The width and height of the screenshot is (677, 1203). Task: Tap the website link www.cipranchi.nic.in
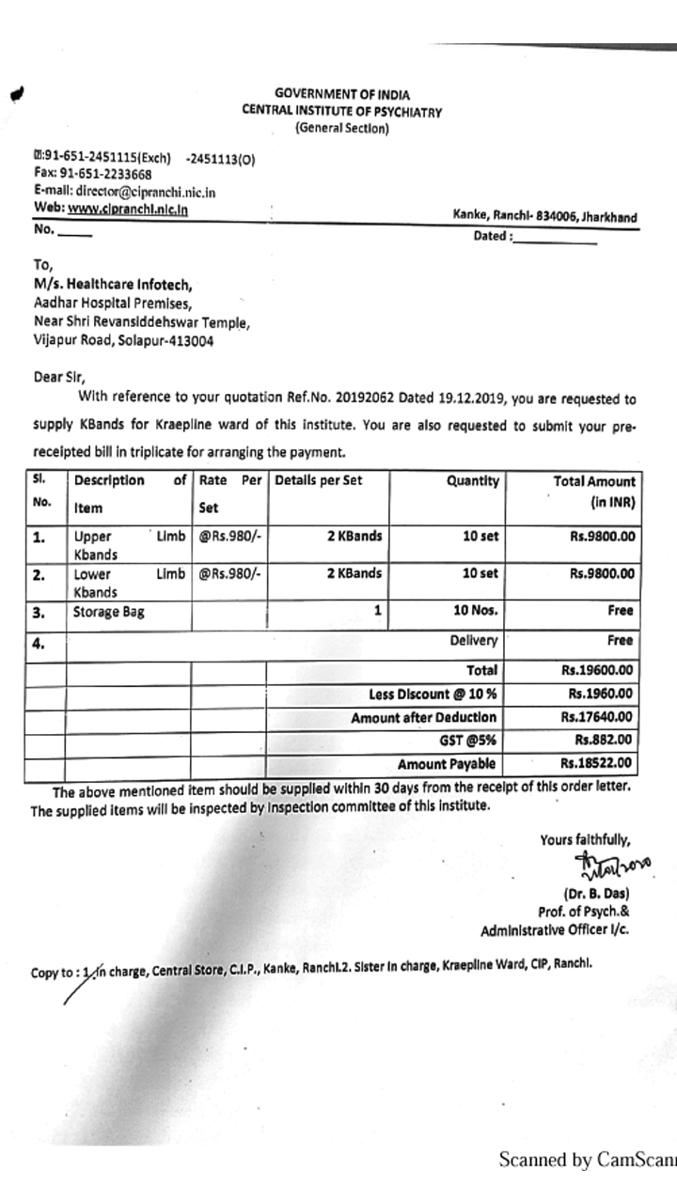click(x=127, y=209)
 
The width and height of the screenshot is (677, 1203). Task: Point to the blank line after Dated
click(x=555, y=241)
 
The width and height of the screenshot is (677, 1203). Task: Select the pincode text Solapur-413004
click(x=165, y=341)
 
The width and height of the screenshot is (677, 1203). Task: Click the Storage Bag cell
click(x=110, y=611)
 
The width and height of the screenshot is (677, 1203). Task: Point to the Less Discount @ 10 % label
click(x=433, y=695)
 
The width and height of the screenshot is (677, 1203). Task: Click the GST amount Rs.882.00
click(x=605, y=741)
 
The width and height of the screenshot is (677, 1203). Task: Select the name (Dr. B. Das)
click(x=596, y=893)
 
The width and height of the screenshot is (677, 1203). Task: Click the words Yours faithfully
click(x=585, y=840)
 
